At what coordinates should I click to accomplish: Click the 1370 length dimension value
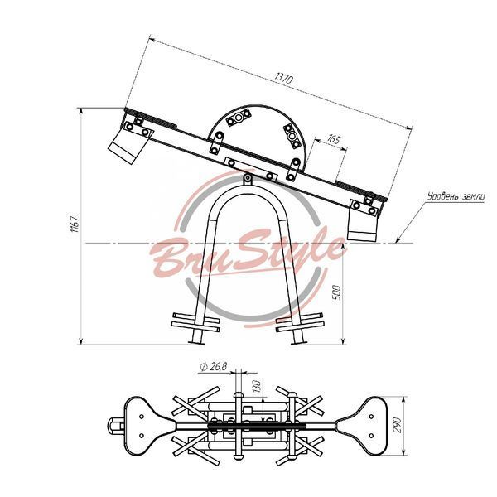click(284, 79)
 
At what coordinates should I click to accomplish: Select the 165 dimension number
click(334, 139)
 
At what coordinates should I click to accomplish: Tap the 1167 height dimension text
click(75, 224)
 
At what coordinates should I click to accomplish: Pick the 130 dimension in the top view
click(257, 386)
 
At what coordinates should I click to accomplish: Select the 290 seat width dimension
click(397, 425)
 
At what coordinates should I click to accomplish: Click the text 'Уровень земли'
click(456, 196)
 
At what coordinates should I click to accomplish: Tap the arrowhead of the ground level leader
click(398, 240)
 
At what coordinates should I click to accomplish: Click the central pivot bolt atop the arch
click(247, 180)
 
